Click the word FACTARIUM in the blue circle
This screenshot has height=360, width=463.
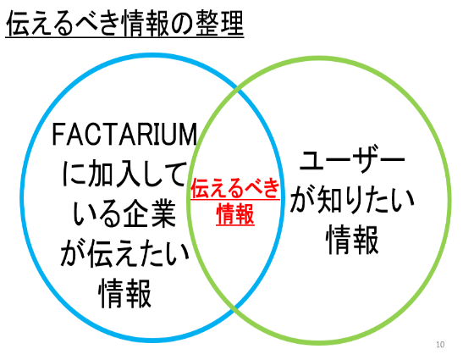(124, 134)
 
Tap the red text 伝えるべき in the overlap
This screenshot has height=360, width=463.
(235, 188)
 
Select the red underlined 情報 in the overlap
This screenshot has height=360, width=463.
(235, 214)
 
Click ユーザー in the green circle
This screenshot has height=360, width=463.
(352, 162)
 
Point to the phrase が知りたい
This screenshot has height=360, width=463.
(352, 200)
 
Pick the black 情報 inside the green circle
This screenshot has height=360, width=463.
(352, 240)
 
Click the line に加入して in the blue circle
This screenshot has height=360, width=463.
(124, 174)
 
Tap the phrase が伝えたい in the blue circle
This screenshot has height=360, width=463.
(124, 253)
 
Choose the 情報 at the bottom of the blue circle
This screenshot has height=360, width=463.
(124, 293)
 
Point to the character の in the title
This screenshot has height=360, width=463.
(182, 24)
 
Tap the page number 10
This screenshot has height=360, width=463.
(440, 345)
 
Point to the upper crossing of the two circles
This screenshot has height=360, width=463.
(238, 90)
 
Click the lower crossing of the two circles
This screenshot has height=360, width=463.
(235, 308)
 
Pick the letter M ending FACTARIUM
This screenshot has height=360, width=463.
(188, 134)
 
